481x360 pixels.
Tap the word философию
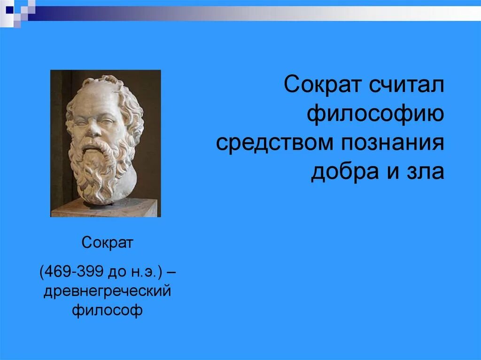(375, 114)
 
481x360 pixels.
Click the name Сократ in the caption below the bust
(108, 243)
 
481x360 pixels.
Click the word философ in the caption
(108, 310)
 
